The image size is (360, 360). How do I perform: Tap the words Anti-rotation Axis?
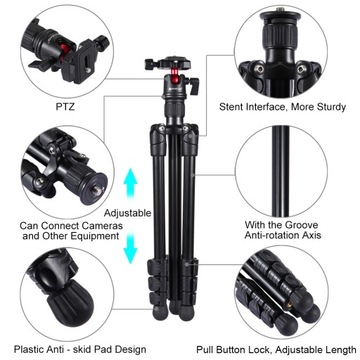click(x=290, y=238)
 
